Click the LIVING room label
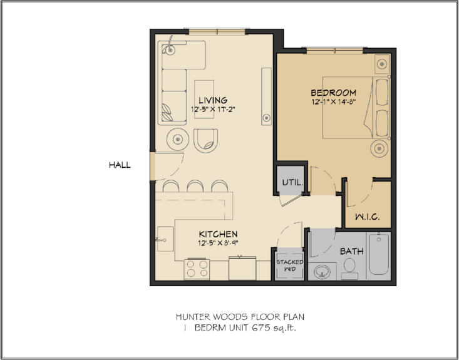coord(213,100)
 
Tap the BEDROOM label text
coord(333,93)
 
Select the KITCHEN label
coord(218,234)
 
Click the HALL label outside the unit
coord(120,165)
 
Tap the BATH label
coord(351,251)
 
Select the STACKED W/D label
coord(290,265)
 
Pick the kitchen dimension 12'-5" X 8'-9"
coord(218,243)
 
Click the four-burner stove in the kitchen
coord(197,269)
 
